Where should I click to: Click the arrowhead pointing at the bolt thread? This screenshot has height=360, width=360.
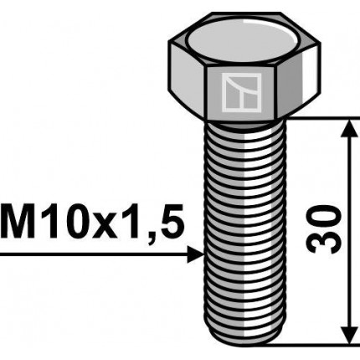click(196, 254)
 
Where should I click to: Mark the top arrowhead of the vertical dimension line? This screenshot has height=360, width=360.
click(346, 127)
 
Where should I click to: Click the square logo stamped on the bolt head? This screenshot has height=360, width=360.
click(241, 92)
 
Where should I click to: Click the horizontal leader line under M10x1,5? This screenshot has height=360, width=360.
click(92, 254)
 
